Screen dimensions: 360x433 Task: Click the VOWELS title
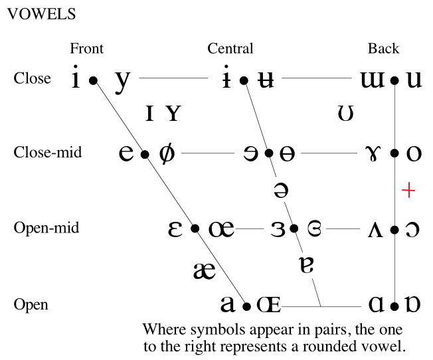41,14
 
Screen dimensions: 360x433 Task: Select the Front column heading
87,48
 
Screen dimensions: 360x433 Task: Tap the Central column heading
230,48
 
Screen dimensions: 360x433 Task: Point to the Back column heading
384,48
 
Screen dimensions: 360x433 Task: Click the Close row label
32,78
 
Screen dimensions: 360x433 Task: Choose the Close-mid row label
48,153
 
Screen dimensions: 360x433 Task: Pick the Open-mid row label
46,228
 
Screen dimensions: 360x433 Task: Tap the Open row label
31,305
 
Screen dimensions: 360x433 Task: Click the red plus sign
409,191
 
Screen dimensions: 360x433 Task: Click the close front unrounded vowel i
76,80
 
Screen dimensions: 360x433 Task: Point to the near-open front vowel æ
204,270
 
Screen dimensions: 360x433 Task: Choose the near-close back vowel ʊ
345,114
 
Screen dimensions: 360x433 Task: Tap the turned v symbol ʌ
375,230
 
